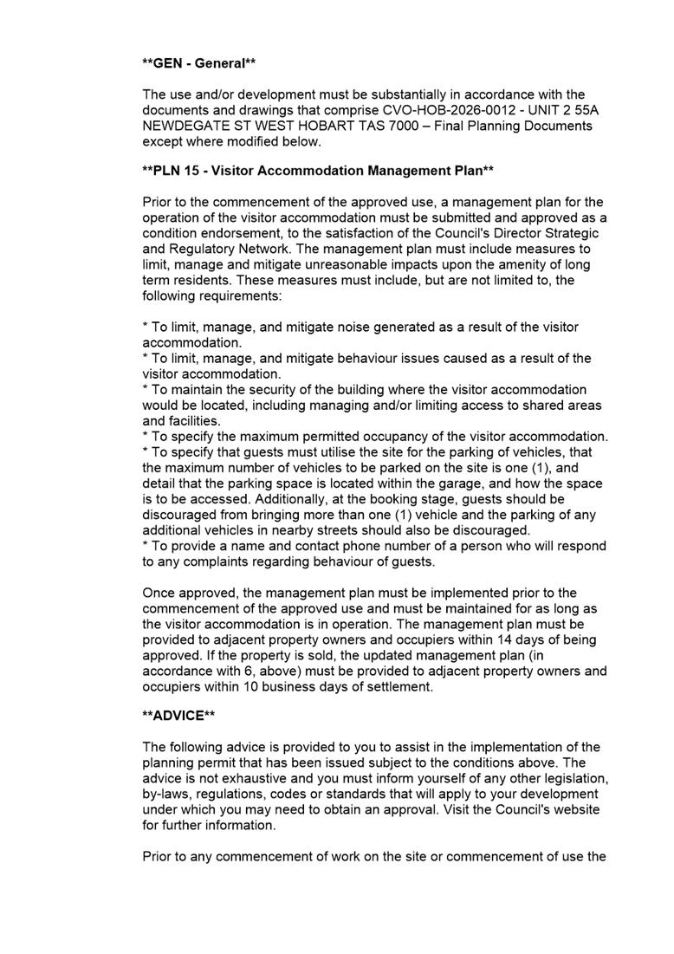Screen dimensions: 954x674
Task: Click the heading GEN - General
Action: point(199,63)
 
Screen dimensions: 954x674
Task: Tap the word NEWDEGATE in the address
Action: point(184,126)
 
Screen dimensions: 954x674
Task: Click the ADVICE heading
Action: point(178,717)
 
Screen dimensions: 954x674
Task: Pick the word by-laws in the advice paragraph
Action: point(166,795)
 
